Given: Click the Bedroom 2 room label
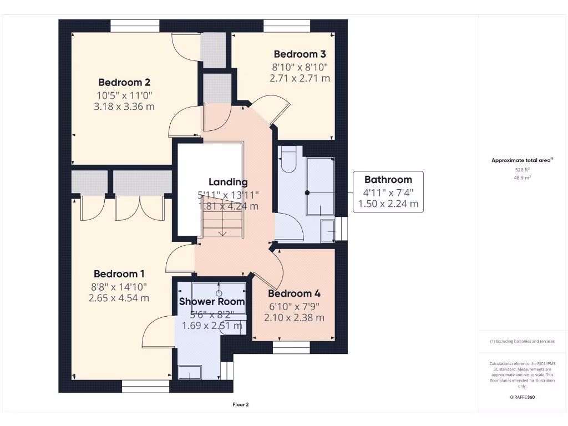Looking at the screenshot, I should (x=124, y=83).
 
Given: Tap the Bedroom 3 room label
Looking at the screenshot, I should (x=300, y=54).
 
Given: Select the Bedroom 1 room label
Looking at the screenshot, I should (x=119, y=274).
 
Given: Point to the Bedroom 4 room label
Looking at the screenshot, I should (x=294, y=294).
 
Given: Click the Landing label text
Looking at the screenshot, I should (x=228, y=182).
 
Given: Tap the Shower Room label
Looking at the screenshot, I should (x=211, y=302).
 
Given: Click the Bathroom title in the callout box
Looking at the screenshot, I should (x=388, y=180).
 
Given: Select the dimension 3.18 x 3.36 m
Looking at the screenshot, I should (x=124, y=106).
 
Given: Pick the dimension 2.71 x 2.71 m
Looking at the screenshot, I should (x=300, y=78).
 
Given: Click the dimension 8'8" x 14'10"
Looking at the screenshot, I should (x=119, y=286).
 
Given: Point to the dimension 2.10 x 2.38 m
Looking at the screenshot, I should (x=294, y=318).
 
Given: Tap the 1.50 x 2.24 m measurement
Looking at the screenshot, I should (x=388, y=204).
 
